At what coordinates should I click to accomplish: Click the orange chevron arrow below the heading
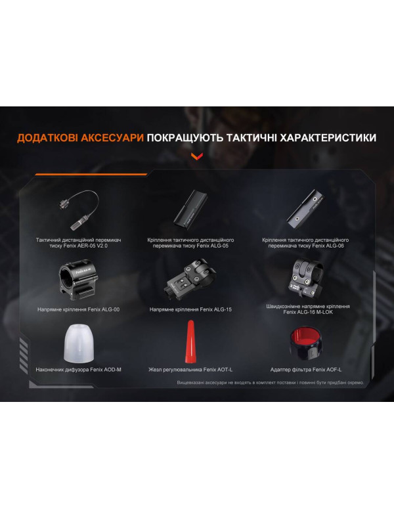[x=196, y=156]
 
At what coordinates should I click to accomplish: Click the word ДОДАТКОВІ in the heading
[x=48, y=139]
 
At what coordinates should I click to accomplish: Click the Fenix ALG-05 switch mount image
[x=191, y=209]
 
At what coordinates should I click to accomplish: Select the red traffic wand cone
[x=191, y=341]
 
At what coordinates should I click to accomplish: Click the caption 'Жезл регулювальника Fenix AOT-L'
[x=190, y=370]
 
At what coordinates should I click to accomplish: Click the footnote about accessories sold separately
[x=269, y=382]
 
